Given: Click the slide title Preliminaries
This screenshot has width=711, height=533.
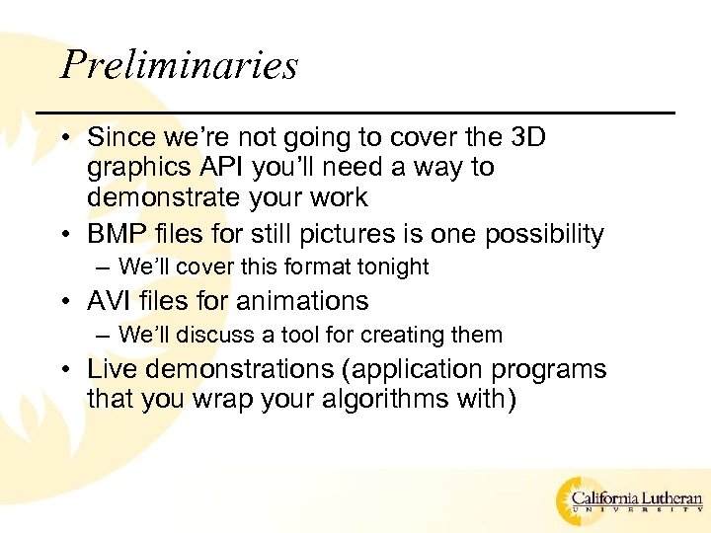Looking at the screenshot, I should tap(179, 65).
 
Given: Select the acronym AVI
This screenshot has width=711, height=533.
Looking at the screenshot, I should tap(110, 301).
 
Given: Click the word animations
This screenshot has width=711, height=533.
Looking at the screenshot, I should tap(297, 301).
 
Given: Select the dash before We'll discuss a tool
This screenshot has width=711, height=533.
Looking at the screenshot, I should tap(104, 336).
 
